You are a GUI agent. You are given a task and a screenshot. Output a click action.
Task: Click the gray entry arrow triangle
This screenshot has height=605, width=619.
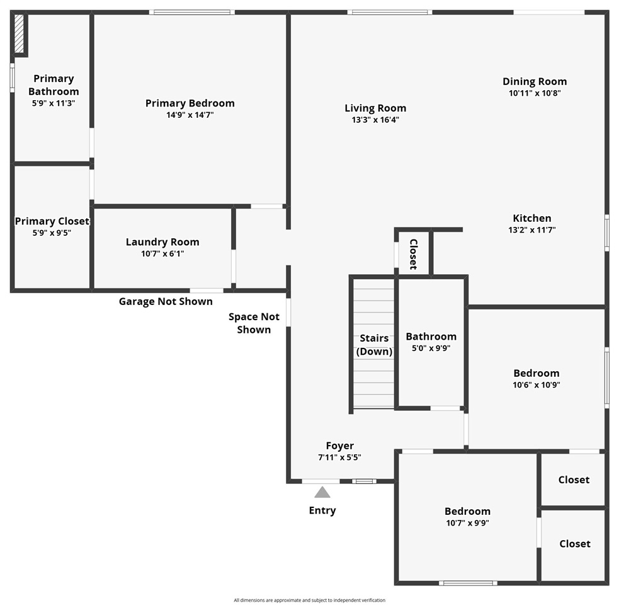point(322,492)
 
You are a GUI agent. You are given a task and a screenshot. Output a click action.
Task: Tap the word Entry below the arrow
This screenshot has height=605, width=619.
point(322,510)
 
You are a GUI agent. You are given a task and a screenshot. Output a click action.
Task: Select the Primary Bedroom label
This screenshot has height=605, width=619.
point(190,103)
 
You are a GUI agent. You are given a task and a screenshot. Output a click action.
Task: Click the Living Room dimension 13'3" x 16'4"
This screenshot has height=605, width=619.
point(375,120)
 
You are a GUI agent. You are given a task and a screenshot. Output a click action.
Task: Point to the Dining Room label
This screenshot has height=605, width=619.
point(535,81)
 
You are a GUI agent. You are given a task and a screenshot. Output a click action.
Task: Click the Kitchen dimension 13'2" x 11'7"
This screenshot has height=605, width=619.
point(532,230)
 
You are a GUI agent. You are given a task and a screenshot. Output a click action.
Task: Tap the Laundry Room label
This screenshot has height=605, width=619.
point(162,242)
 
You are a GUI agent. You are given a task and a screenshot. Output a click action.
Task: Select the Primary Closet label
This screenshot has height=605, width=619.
point(52,221)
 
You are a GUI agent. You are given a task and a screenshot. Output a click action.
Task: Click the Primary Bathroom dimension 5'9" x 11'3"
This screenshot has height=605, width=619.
point(54,103)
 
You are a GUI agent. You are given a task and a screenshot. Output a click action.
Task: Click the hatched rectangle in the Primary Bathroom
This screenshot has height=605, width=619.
point(20,34)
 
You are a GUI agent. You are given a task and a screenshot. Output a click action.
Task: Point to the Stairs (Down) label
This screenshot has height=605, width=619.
point(374,345)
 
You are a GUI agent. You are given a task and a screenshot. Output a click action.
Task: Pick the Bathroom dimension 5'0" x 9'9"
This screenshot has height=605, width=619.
point(431,348)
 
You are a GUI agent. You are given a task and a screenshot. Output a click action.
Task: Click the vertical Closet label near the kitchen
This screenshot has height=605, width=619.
point(414,254)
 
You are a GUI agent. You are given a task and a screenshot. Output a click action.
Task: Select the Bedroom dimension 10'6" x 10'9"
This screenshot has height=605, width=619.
point(536,384)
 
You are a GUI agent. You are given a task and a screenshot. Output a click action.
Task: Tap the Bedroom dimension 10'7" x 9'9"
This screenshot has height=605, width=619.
point(467,522)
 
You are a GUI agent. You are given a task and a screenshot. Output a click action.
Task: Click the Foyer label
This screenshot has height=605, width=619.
point(339,446)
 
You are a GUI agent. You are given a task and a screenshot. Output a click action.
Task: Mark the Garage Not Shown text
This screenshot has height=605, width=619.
point(166,301)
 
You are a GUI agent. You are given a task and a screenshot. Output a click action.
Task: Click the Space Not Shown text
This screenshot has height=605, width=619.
point(254,323)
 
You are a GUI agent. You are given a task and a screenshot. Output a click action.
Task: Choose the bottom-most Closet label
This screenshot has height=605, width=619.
point(574,543)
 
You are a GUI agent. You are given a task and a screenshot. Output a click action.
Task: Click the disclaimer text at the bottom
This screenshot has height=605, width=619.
point(309,600)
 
